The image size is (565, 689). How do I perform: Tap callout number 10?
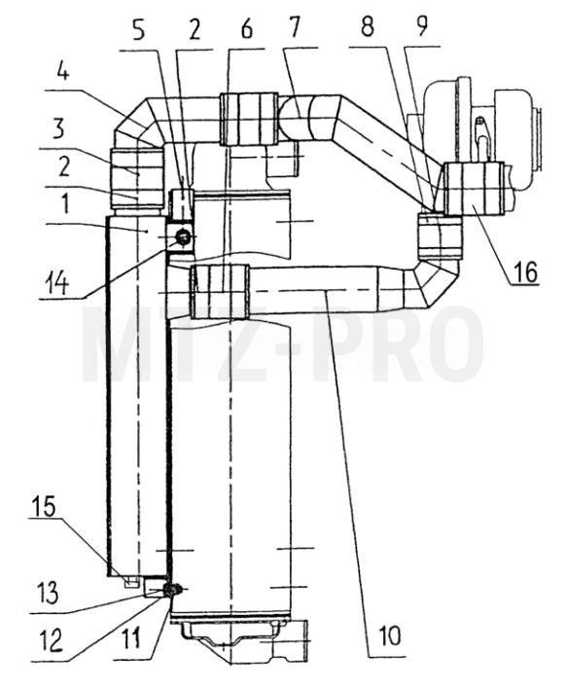pos(389,635)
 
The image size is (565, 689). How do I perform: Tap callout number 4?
pos(63,72)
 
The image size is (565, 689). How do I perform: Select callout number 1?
pos(64,204)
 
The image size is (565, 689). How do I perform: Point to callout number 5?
pos(139,30)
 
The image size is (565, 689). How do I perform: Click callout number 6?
pos(247,29)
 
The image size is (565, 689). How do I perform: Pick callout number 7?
pos(294,26)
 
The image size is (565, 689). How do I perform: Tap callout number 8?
pos(368,26)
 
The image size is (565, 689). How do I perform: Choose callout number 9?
pos(421,26)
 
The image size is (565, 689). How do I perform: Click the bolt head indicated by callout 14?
pos(183,237)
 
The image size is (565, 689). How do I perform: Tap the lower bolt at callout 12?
pos(169,590)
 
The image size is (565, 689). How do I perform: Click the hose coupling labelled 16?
pos(474,189)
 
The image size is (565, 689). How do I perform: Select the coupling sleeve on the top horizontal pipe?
pos(249,119)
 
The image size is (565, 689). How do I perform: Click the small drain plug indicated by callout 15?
pos(132,582)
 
